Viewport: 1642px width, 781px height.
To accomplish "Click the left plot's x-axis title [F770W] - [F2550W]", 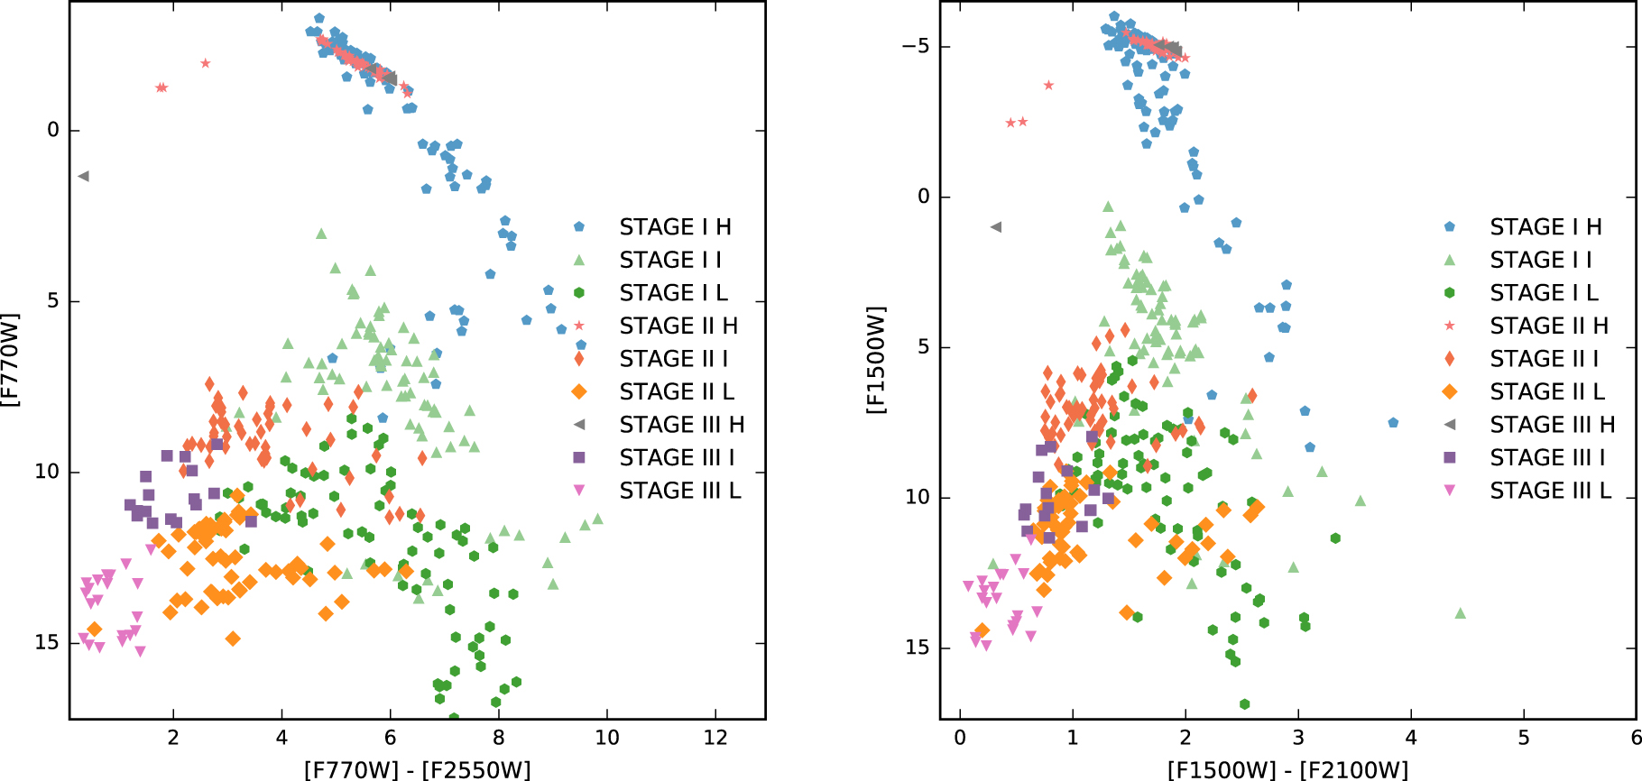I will pyautogui.click(x=417, y=769).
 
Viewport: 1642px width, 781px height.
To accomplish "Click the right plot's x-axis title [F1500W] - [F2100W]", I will pyautogui.click(x=1287, y=769).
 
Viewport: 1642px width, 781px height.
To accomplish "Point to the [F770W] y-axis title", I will pyautogui.click(x=11, y=359).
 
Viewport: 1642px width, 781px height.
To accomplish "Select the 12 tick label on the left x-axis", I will pyautogui.click(x=715, y=739).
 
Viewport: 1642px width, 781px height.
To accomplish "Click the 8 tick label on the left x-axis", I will pyautogui.click(x=499, y=739).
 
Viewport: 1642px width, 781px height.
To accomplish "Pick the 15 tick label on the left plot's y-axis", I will pyautogui.click(x=47, y=643).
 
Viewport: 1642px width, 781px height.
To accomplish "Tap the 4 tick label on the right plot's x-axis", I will pyautogui.click(x=1411, y=739).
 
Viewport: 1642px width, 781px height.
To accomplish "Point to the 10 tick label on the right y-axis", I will pyautogui.click(x=918, y=498).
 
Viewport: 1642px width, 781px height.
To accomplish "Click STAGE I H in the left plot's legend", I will pyautogui.click(x=675, y=227).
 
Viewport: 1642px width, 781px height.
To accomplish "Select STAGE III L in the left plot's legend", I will pyautogui.click(x=679, y=491).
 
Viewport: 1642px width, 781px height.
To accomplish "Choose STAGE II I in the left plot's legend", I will pyautogui.click(x=673, y=359).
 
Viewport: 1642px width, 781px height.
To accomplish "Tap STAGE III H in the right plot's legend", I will pyautogui.click(x=1552, y=425).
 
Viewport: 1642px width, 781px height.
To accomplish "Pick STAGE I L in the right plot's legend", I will pyautogui.click(x=1544, y=293).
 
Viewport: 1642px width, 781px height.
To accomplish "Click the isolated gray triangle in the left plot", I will pyautogui.click(x=83, y=177).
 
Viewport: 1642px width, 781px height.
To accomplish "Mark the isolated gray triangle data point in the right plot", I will pyautogui.click(x=996, y=227).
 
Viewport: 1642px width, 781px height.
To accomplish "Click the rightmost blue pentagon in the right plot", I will pyautogui.click(x=1393, y=423).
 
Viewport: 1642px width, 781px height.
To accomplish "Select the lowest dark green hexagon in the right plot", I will pyautogui.click(x=1245, y=704).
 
